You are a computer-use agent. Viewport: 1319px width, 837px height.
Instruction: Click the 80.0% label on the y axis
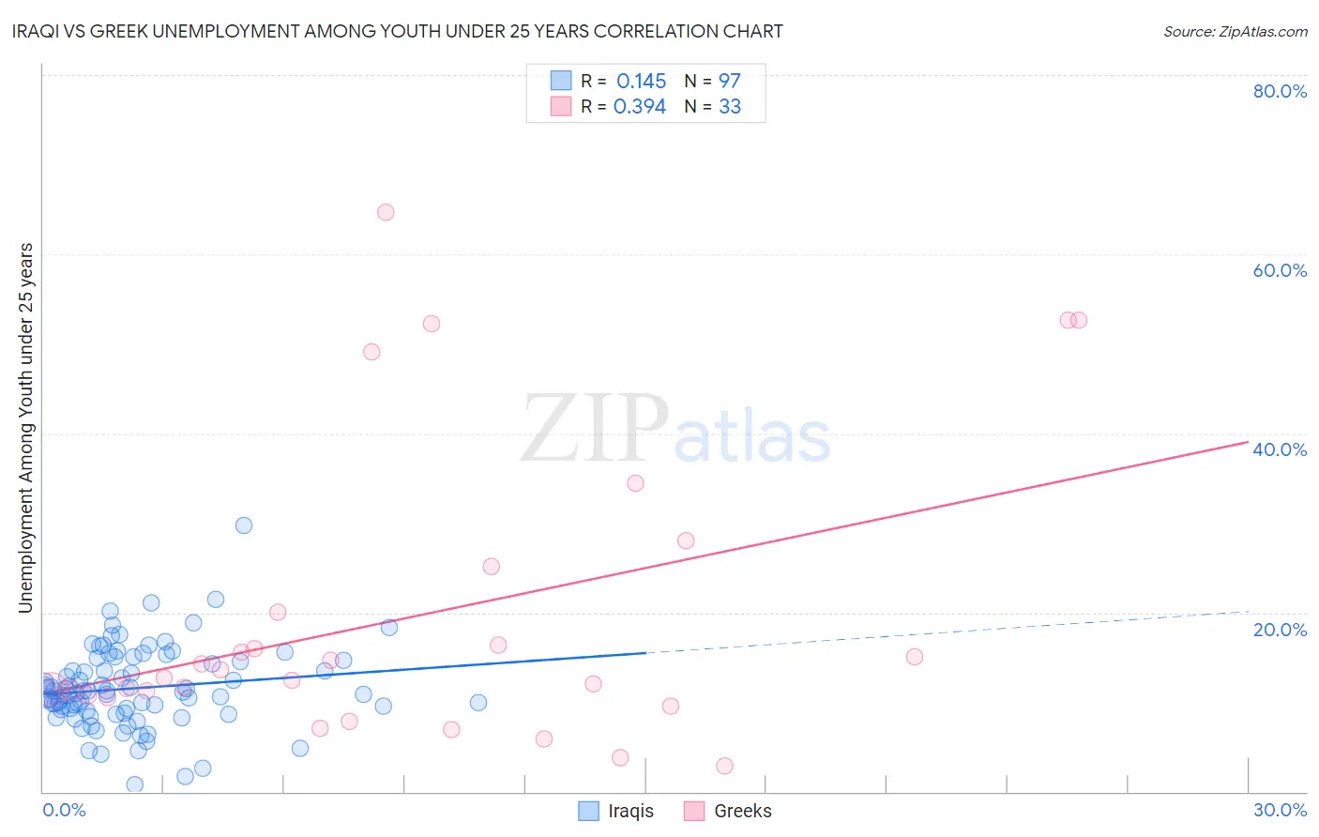tap(1280, 91)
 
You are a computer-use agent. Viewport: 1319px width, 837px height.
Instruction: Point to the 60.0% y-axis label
tap(1280, 270)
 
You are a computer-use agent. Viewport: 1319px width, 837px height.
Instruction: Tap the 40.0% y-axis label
tap(1280, 449)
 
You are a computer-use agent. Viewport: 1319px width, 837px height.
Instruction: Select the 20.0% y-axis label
tap(1280, 630)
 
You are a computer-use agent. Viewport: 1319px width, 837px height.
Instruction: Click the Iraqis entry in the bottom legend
tap(630, 812)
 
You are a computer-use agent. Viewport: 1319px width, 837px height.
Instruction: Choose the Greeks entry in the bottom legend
tap(742, 812)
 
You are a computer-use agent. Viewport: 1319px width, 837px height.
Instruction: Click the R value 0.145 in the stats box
tap(641, 82)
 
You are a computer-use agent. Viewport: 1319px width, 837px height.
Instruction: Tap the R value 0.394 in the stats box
tap(640, 107)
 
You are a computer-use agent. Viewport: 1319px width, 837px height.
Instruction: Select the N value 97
tap(729, 82)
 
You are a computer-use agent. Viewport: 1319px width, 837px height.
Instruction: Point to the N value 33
tap(729, 107)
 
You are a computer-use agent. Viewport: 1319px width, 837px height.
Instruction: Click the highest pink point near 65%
tap(386, 212)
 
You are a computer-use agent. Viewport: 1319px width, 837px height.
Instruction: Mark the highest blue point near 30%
tap(244, 525)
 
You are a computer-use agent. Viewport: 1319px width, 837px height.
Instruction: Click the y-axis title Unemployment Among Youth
tap(25, 428)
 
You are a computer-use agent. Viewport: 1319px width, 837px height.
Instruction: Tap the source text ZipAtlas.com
tap(1235, 32)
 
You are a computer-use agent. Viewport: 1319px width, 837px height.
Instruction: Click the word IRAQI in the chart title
tap(36, 32)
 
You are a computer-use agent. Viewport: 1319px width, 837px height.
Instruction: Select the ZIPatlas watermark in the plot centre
tap(675, 429)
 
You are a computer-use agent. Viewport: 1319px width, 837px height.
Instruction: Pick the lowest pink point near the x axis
tap(724, 766)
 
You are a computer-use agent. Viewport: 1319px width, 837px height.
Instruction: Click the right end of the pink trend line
tap(1248, 441)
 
